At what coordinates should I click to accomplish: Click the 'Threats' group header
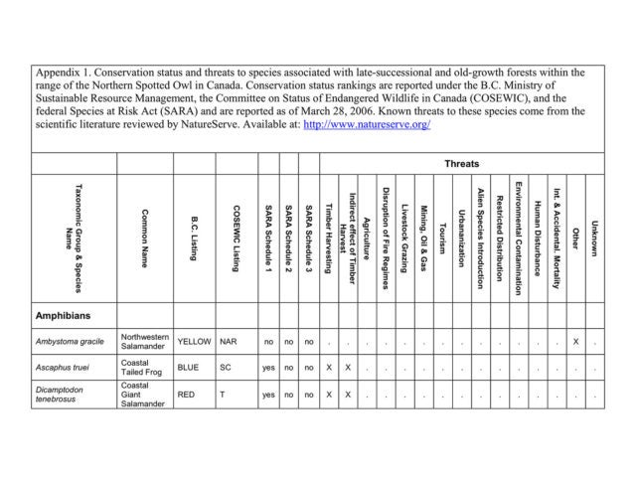click(461, 163)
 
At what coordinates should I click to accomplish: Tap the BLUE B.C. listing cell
click(189, 368)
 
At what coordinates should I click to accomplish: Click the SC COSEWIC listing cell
click(226, 368)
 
